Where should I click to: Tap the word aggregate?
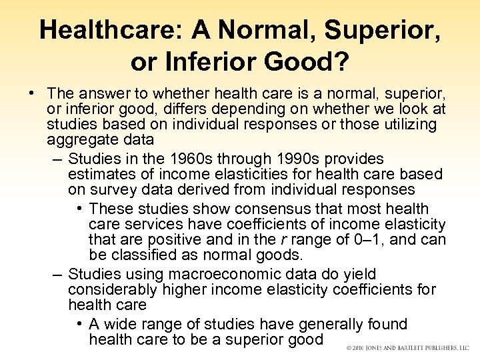pyautogui.click(x=79, y=140)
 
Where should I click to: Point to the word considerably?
pyautogui.click(x=112, y=289)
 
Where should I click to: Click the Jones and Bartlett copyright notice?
pyautogui.click(x=408, y=347)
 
